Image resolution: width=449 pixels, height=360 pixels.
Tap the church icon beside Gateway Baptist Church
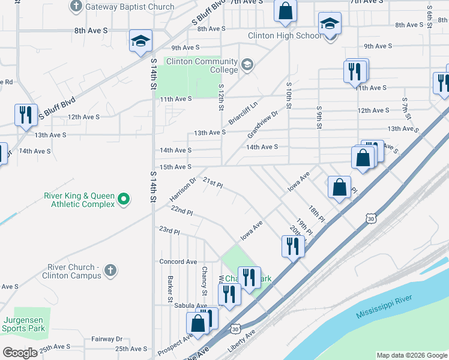[x=76, y=7]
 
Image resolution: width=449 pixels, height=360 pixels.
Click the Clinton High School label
[x=285, y=36]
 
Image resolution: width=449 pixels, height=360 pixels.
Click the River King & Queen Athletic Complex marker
[x=124, y=199]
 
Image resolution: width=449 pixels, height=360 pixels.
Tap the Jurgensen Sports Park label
[x=23, y=323]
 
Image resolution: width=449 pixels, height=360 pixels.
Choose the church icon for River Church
[x=110, y=271]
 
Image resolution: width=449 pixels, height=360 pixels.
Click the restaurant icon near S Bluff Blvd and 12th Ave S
[x=25, y=114]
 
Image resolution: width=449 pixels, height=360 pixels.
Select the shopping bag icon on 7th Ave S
[x=286, y=10]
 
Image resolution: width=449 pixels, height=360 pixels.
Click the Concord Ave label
[x=178, y=262]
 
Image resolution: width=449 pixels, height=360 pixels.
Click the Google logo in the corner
[x=20, y=353]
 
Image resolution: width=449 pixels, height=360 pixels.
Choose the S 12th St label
[x=220, y=97]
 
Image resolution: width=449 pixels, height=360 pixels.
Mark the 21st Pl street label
[x=212, y=182]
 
